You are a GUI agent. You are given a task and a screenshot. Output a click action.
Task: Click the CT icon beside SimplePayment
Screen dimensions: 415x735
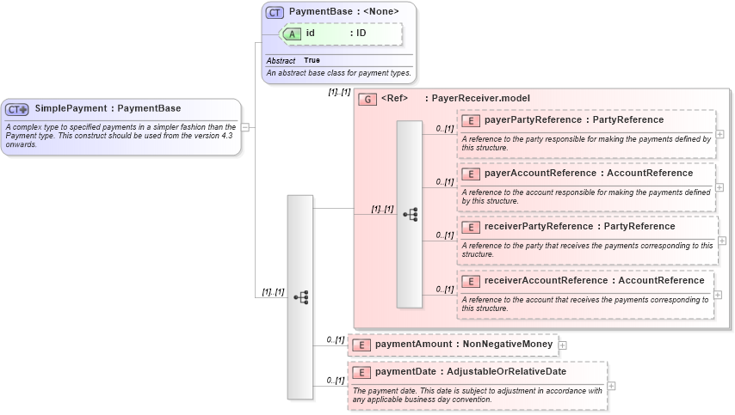pos(17,109)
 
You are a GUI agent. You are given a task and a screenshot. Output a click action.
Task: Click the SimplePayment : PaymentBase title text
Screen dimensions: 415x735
pos(108,108)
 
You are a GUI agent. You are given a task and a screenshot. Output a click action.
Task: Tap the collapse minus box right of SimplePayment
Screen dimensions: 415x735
pos(245,127)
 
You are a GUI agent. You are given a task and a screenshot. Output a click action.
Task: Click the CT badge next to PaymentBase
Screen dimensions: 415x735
pos(275,12)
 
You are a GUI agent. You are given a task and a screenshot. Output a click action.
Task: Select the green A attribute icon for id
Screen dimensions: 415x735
pos(292,34)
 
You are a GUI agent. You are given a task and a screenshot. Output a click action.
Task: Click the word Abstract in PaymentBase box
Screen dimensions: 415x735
pos(281,61)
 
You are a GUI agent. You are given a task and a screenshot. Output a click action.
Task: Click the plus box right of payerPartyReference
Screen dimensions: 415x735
pos(720,134)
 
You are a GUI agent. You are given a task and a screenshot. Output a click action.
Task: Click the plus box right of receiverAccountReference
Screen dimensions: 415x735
pos(720,294)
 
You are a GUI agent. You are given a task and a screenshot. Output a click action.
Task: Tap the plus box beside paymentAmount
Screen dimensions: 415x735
pos(563,345)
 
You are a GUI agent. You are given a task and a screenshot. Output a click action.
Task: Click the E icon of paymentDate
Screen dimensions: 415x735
pos(361,372)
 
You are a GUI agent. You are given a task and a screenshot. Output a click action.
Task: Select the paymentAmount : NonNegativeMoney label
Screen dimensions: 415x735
pos(463,344)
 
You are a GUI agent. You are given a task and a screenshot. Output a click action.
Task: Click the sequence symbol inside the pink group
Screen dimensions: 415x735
pos(410,214)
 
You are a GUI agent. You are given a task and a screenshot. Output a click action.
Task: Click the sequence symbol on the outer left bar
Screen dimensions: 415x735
pos(300,297)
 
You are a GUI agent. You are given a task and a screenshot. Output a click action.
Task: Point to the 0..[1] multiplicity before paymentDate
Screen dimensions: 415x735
pos(336,380)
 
